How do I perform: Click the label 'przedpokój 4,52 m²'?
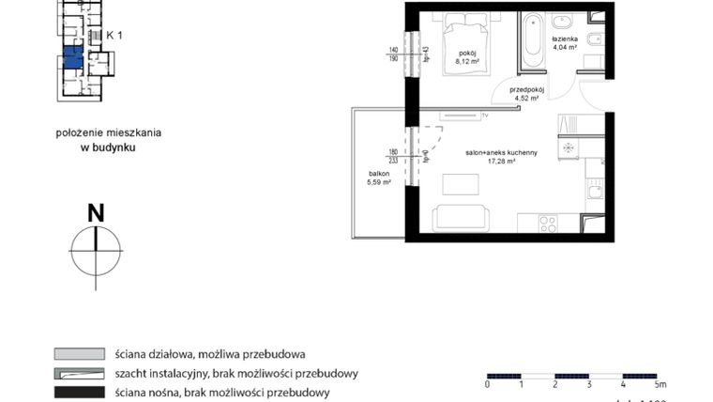coord(526,93)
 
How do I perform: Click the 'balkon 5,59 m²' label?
coord(379,178)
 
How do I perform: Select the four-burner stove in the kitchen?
coord(547,224)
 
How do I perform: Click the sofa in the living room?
coord(461,217)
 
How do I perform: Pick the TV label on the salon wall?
coord(485,116)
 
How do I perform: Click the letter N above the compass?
coord(95,213)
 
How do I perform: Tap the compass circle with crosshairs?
coord(96,250)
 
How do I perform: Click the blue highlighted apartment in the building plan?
coord(73,57)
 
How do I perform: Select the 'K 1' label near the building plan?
coord(114,36)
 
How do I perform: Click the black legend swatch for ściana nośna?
coord(78,392)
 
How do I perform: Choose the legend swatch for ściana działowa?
coord(78,354)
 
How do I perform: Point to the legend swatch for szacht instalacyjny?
coord(78,373)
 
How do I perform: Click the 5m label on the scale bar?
coord(660,384)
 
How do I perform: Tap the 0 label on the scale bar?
coord(487,384)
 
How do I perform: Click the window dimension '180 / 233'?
coord(394,155)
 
